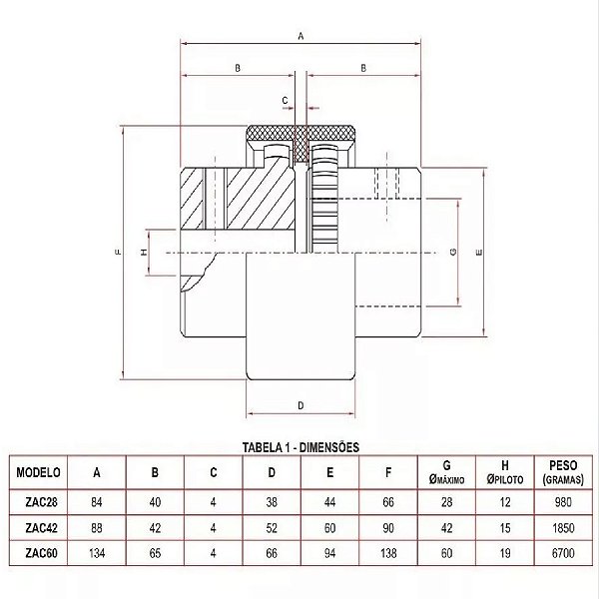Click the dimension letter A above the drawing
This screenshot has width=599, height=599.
300,36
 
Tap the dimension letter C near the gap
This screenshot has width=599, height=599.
285,101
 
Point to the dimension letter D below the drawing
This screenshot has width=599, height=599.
300,405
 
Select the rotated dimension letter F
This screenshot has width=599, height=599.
119,252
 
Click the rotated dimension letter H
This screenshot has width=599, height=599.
144,253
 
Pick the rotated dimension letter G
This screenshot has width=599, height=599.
453,252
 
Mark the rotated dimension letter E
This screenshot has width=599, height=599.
479,253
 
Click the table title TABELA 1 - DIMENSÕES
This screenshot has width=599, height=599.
301,447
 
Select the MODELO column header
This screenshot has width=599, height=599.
38,472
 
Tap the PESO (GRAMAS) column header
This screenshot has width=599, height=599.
563,472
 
